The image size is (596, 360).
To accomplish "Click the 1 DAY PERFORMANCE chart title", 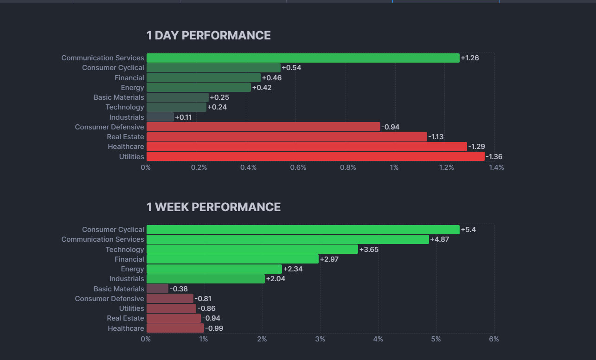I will point(208,36).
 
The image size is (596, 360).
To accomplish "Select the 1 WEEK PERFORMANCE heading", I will point(213,207).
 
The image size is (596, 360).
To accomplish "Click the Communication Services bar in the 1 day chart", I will point(303,58).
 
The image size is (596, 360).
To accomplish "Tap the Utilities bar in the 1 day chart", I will point(315,156).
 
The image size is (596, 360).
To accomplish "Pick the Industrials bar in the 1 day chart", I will point(160,117).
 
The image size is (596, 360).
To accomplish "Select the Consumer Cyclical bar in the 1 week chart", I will point(303,230).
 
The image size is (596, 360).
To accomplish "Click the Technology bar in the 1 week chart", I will point(252,249).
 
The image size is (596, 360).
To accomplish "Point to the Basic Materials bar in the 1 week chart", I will point(157,289).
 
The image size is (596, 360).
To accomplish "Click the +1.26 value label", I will point(470,58).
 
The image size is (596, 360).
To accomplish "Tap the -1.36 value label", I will point(494,157).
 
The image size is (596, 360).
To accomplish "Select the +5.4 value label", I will point(468,230).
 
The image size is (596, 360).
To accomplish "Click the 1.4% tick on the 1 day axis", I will point(496,167).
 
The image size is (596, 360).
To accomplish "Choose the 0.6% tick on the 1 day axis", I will point(298,167).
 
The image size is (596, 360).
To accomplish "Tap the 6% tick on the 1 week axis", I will point(494,339).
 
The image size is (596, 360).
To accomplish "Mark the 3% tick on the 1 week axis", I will point(320,339).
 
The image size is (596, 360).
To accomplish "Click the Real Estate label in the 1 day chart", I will point(125,137).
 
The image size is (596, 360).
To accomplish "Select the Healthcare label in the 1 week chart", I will point(126,328).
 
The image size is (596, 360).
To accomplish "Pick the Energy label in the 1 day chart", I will point(132,88).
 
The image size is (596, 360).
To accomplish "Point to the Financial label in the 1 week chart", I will point(129,259).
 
